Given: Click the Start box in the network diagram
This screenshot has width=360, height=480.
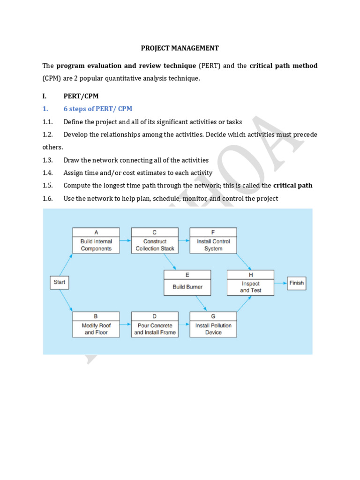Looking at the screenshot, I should coord(60,282).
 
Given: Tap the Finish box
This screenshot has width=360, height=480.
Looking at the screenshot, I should coord(296,283).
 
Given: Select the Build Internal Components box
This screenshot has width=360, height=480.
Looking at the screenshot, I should coord(96,240).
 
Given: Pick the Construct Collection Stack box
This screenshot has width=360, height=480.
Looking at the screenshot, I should coord(155,240).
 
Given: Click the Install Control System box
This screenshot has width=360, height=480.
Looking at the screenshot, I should coord(213,240).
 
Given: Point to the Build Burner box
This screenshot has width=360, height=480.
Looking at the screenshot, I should coord(187,283).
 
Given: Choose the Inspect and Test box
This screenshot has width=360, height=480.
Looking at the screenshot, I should coord(250,283).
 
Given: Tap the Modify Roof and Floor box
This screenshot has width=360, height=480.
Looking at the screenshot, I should coord(96,324).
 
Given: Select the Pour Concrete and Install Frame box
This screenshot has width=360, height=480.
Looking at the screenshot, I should coord(155,324).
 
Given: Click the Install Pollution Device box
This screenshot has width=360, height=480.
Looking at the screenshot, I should coord(213,324).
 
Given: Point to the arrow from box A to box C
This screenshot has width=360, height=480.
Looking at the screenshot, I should coord(126,240).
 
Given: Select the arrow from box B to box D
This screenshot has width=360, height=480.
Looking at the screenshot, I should coord(126,324).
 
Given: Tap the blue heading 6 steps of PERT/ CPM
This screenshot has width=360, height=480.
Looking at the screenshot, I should coord(98,109).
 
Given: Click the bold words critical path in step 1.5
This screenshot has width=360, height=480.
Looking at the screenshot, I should coord(293,185).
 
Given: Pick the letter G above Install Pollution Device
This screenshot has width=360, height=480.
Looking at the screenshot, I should coord(213,316).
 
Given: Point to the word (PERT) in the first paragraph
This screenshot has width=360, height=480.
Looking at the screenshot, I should coord(210,66).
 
